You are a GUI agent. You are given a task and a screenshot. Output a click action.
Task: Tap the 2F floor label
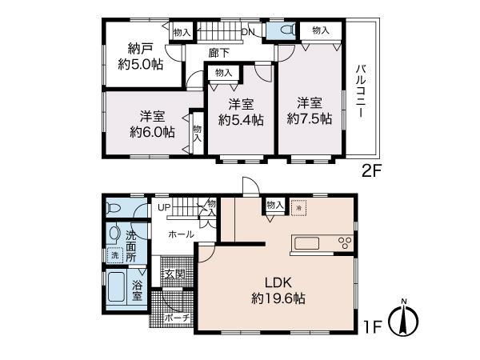tap(370, 171)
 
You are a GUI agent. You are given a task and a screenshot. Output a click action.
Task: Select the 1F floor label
tap(373, 327)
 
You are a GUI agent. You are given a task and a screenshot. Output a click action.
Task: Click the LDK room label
tap(278, 282)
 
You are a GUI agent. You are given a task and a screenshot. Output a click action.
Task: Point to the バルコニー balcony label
tap(362, 91)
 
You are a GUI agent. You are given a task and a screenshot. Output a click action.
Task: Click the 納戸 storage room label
tap(141, 49)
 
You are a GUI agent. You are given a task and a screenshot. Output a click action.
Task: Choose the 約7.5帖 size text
tap(309, 118)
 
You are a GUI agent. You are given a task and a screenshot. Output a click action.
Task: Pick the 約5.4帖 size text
tap(241, 120)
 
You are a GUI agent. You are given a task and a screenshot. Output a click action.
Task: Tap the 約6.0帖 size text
tap(152, 132)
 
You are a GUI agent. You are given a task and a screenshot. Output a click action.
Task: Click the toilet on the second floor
tap(287, 30)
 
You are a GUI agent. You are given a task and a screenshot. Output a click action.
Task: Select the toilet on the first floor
tap(114, 208)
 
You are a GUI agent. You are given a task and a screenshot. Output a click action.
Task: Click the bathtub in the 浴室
tap(116, 287)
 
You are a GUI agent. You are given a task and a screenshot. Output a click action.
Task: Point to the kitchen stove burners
tap(345, 243)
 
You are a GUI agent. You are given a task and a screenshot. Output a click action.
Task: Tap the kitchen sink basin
tap(306, 244)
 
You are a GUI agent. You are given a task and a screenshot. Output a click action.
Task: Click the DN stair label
tap(248, 32)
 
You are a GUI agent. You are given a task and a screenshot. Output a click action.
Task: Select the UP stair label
tap(164, 207)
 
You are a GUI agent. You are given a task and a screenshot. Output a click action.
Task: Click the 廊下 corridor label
tap(219, 53)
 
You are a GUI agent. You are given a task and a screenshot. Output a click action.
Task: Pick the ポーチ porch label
tap(178, 318)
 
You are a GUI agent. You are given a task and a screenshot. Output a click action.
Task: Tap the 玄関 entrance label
tap(174, 274)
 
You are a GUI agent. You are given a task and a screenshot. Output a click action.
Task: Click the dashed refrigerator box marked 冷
tap(298, 208)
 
